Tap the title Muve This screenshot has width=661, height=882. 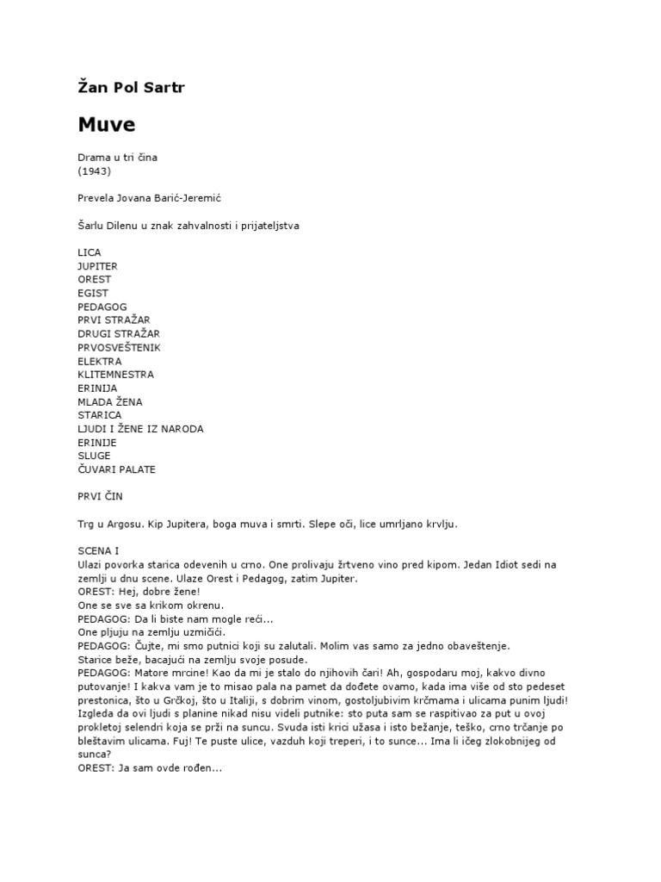tap(107, 124)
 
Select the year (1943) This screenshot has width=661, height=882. tap(94, 171)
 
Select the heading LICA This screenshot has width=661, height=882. tap(89, 252)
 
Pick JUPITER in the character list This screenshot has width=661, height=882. tap(97, 266)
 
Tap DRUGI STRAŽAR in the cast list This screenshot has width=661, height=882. tap(118, 333)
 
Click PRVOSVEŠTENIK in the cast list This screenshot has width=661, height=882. tap(119, 347)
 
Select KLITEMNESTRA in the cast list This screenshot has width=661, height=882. tap(115, 375)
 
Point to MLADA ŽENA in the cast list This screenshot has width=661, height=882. tap(110, 401)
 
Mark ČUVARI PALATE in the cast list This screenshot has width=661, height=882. tap(116, 469)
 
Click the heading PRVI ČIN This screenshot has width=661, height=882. tap(105, 497)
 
